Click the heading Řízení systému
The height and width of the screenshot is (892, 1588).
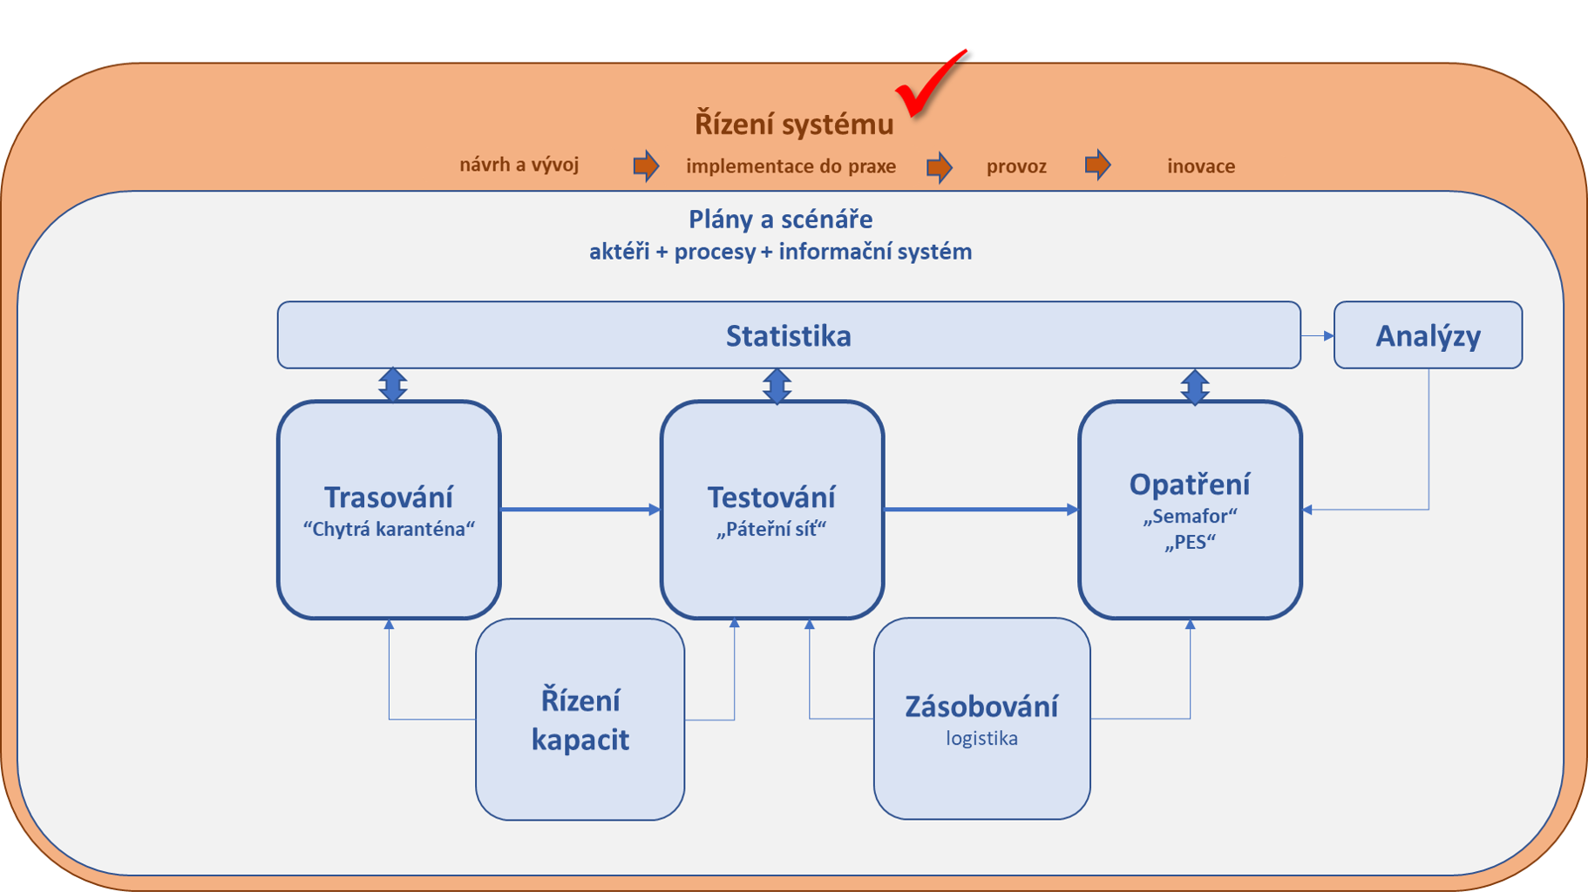coord(794,125)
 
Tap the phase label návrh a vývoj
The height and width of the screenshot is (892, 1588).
coord(519,165)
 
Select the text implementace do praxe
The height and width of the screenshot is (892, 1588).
coord(791,166)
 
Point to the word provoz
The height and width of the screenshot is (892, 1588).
coord(1016,166)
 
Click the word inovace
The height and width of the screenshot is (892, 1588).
coord(1201,166)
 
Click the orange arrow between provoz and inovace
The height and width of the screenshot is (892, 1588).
coord(1098,164)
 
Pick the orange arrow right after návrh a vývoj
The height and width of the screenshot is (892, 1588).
coord(646,166)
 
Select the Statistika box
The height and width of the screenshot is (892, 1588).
coord(789,335)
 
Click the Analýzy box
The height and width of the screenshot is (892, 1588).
coord(1428,335)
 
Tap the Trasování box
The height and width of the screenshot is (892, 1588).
coord(389,510)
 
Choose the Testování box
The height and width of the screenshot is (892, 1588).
coord(772,510)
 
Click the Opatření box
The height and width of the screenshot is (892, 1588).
coord(1190,510)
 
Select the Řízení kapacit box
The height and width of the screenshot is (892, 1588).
coord(580,720)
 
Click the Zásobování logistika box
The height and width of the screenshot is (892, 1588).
coord(981,719)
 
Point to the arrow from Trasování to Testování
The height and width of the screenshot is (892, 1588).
coord(580,510)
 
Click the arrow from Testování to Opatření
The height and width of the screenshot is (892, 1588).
coord(981,510)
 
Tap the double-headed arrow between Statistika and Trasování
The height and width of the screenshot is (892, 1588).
coord(393,384)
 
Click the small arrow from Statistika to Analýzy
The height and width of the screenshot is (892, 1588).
coord(1317,335)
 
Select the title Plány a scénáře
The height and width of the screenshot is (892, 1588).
coord(780,219)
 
